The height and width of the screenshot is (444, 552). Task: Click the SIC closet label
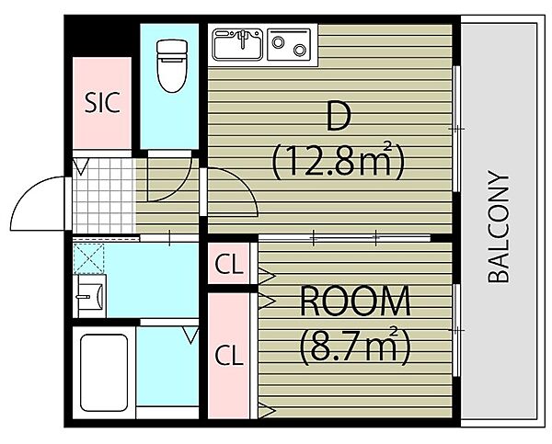click(102, 102)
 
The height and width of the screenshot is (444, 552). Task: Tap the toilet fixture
click(172, 66)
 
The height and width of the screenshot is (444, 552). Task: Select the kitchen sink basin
click(237, 45)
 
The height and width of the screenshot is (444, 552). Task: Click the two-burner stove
click(289, 45)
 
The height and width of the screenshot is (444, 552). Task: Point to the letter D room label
click(339, 116)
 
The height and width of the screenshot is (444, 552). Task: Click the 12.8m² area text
click(338, 161)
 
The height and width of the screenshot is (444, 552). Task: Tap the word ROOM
click(355, 302)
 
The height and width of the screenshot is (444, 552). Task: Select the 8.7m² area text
click(355, 346)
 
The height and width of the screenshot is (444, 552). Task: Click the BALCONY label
click(498, 227)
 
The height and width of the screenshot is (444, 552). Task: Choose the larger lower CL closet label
click(229, 355)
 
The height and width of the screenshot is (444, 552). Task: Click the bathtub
click(104, 372)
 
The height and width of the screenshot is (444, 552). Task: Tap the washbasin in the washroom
click(91, 296)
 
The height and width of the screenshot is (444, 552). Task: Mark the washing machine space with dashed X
click(89, 258)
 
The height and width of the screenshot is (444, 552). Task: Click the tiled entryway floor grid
click(104, 196)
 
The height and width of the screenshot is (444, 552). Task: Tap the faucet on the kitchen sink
click(242, 38)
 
